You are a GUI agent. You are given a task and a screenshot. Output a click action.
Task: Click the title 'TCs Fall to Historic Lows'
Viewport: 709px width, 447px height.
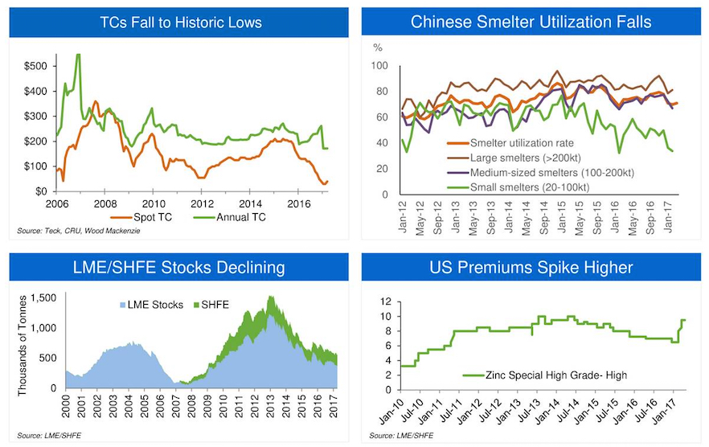pos(180,22)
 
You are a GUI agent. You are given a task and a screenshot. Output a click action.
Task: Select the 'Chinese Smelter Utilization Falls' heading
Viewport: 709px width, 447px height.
pos(531,22)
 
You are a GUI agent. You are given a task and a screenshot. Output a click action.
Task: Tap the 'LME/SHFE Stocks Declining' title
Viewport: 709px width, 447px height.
pos(180,267)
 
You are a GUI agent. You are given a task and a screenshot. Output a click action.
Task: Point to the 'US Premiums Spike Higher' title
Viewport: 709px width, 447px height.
pos(531,267)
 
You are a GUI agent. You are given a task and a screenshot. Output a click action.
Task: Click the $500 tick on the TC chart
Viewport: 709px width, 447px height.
pos(35,66)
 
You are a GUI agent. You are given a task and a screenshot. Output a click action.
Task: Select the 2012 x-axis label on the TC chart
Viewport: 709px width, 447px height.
pos(202,203)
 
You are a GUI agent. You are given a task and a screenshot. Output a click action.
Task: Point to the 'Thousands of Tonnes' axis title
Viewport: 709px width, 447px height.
pos(22,343)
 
